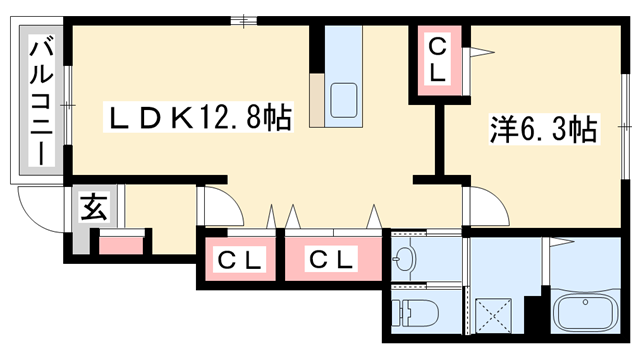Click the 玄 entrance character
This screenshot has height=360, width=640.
[93, 209]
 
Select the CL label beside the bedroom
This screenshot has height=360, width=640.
[439, 59]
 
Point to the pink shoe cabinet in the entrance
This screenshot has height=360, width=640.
[121, 243]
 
